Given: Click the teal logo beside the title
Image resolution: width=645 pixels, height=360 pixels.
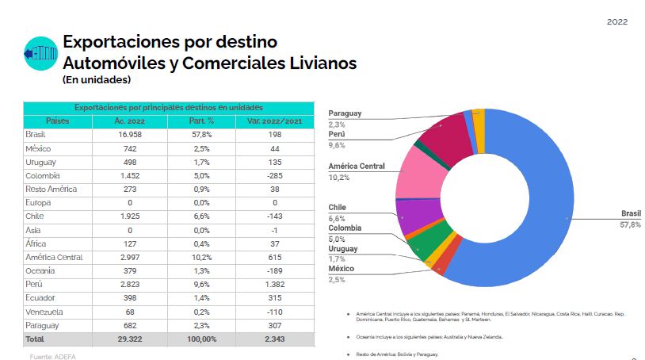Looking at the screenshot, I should tap(41, 53).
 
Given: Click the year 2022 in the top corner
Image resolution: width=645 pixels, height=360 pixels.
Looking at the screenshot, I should tap(617, 21).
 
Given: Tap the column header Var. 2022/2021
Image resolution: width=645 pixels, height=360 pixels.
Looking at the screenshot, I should tap(269, 121).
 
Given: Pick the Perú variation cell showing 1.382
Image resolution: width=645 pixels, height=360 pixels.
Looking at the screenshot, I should tap(269, 283).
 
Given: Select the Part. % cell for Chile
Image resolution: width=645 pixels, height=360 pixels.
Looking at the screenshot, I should tap(201, 216).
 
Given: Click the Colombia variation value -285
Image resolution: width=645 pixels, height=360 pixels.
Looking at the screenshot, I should tap(269, 175).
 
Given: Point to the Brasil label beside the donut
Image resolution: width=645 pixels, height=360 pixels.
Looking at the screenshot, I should tap(631, 214).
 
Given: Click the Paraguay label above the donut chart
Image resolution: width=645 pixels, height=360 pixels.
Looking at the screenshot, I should tap(345, 113).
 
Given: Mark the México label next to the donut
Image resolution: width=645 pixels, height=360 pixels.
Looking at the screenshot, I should tap(342, 270).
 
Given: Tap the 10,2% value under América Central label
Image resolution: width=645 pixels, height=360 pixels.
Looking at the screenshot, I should tap(338, 178).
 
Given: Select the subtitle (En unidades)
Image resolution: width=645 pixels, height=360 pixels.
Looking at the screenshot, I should tap(96, 79).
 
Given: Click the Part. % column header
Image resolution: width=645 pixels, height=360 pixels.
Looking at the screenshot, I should tap(201, 121).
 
